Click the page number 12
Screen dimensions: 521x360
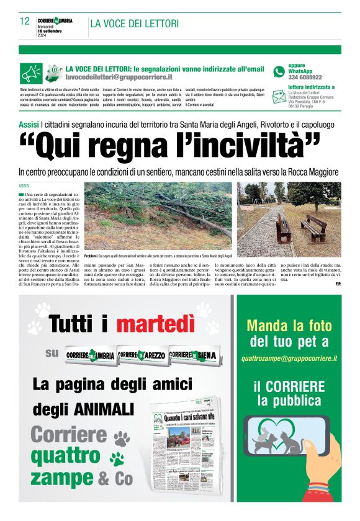[25, 21]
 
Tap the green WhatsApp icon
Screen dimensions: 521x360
[279, 71]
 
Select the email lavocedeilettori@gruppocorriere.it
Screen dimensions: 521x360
[119, 77]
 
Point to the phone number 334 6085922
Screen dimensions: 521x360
[305, 78]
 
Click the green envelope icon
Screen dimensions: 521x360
[279, 94]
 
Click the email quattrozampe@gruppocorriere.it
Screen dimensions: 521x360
[289, 358]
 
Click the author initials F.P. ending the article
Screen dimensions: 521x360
[338, 284]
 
